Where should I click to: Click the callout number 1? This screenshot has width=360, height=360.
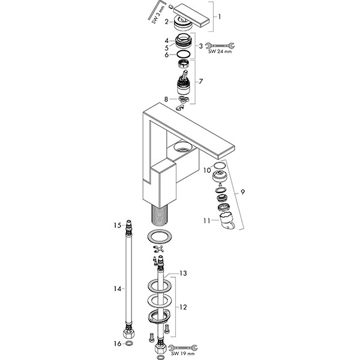click(x=220, y=18)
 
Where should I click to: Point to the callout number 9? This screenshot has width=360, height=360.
click(x=242, y=192)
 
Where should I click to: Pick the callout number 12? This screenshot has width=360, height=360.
click(x=184, y=307)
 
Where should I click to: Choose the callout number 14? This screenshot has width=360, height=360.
click(x=118, y=289)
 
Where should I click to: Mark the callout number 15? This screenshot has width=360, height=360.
click(x=118, y=225)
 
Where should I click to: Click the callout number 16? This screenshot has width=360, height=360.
click(x=118, y=344)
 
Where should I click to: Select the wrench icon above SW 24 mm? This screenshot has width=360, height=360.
click(x=217, y=44)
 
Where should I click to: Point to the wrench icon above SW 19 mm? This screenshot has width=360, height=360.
click(x=184, y=347)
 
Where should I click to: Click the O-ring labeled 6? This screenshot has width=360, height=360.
click(x=185, y=55)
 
